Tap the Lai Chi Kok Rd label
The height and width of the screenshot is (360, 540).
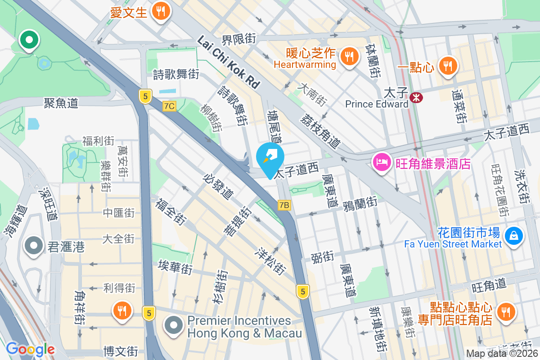(229, 62)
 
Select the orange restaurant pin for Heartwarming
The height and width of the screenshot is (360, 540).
(348, 57)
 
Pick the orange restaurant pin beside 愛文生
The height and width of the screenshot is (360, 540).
(160, 11)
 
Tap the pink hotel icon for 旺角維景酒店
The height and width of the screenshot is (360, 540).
(382, 162)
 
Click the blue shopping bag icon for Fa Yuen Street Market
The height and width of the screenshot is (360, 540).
(513, 235)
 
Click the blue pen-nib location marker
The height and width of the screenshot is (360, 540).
(270, 157)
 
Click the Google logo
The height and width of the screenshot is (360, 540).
(30, 349)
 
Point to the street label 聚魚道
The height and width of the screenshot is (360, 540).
(61, 103)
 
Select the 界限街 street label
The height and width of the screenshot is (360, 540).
(239, 39)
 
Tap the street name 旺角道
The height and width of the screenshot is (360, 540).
(489, 284)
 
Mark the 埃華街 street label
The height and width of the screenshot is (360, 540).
(175, 267)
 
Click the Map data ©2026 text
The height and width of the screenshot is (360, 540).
(502, 354)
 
